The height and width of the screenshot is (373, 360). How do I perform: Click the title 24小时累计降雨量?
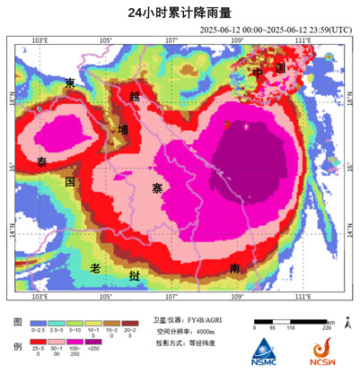coord(179,12)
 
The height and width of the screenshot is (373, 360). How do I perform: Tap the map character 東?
coord(71,83)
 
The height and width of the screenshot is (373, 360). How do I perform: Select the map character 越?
coord(135,95)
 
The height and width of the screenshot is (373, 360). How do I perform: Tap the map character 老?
coord(95,268)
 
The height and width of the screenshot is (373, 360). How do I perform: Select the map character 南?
coord(233,268)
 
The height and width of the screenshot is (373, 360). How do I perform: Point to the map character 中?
coord(257,71)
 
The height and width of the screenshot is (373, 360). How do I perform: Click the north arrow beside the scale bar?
coord(348,323)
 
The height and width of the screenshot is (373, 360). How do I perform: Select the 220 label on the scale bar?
coord(330,329)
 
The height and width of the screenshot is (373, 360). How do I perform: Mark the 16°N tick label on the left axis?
coord(13,167)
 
